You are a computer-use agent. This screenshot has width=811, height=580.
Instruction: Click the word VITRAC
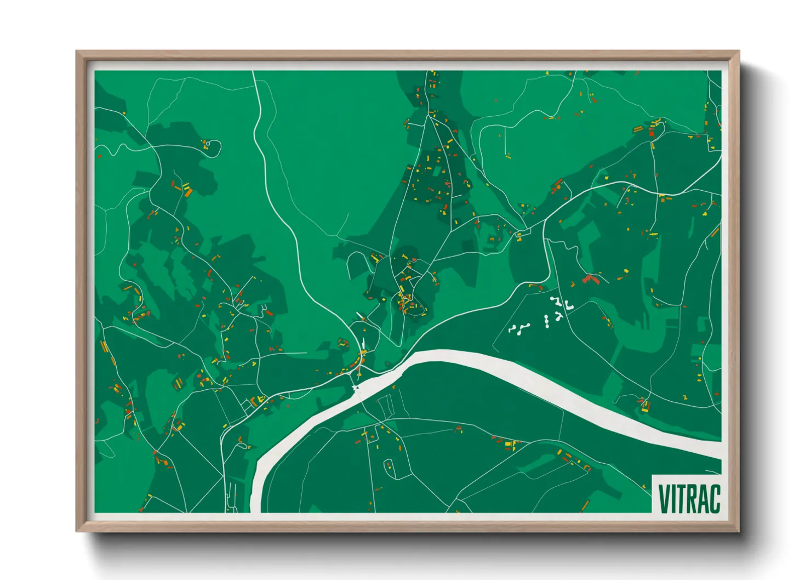click(x=689, y=498)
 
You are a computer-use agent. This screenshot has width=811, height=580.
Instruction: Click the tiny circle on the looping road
click(x=208, y=144)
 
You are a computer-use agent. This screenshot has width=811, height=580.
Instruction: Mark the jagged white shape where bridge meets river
click(x=356, y=388)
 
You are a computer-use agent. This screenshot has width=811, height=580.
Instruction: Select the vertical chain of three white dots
click(x=546, y=321)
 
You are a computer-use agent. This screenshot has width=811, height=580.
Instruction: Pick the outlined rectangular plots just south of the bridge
click(x=386, y=405)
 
